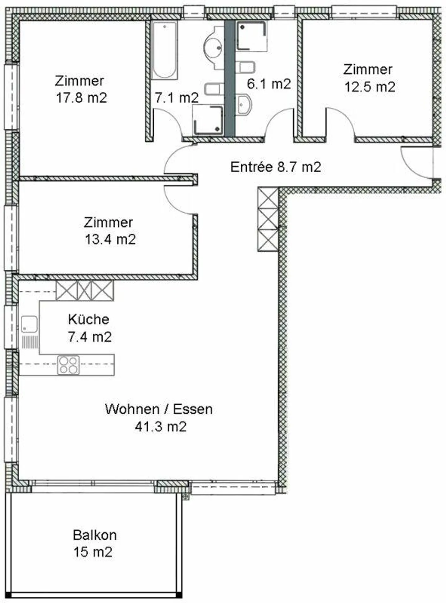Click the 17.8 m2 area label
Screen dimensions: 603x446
pos(81,98)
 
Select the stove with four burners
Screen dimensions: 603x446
pos(68,365)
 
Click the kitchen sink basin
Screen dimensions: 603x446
pos(29,324)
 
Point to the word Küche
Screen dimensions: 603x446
pos(89,319)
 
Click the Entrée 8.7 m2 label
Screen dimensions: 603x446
pos(275,167)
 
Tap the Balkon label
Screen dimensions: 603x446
pos(95,535)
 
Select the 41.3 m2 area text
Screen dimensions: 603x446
pos(160,427)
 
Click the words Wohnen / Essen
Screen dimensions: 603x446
pos(159,409)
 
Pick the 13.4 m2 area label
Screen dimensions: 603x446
pos(110,239)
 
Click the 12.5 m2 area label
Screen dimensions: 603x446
pos(370,87)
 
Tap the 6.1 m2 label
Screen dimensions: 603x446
pos(269,84)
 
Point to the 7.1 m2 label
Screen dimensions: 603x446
pos(177,98)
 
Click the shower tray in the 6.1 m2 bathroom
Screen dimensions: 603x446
pos(251,36)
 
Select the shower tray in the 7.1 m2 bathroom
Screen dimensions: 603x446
pos(208,120)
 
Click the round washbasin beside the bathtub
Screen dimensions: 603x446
pos(214,48)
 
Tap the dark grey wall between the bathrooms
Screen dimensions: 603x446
pos(230,77)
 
